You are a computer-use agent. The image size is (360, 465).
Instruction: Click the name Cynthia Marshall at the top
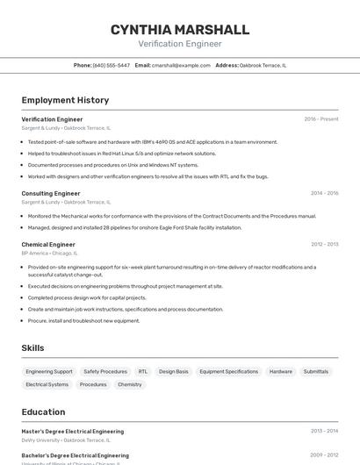(179, 30)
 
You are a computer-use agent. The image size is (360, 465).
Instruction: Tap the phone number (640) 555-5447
(112, 65)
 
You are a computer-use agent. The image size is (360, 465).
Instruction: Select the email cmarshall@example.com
(181, 65)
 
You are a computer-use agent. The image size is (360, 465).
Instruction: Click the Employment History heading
(65, 100)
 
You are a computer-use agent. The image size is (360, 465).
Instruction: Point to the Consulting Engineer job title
(51, 193)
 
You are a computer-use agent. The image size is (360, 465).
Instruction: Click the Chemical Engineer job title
(48, 245)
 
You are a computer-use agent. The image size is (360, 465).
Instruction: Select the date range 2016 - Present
(320, 119)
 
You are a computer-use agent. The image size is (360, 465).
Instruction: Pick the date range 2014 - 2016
(324, 193)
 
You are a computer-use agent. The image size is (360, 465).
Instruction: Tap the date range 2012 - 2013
(324, 245)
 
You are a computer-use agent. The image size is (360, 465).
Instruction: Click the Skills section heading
(32, 348)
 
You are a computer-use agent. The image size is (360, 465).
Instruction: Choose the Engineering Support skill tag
(49, 371)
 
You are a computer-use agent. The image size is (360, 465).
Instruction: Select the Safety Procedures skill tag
(105, 371)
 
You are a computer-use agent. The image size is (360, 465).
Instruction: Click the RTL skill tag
(143, 371)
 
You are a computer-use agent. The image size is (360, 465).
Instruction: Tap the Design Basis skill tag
(174, 371)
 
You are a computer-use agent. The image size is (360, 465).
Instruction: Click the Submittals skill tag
(316, 371)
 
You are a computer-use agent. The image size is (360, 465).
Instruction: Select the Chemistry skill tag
(130, 384)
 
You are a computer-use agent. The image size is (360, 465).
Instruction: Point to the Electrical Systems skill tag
(47, 384)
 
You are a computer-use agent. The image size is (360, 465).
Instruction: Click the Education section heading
(43, 411)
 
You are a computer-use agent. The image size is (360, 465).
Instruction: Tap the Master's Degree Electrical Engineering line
(73, 432)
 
